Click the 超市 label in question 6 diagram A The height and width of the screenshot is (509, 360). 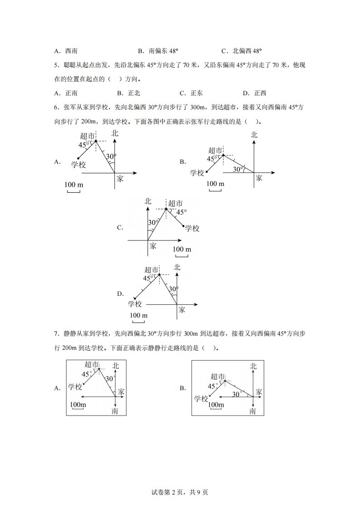87,136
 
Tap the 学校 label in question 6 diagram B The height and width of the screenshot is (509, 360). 197,173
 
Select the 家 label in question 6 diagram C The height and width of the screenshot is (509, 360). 153,246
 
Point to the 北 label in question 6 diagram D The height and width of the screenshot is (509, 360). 177,268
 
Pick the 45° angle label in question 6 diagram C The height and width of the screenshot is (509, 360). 181,212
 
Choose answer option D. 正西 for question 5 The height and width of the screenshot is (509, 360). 255,93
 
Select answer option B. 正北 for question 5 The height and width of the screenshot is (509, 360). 128,93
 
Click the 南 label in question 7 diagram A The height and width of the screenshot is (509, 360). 115,411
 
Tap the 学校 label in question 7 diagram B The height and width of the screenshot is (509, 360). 201,399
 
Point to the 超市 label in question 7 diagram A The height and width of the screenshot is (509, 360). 92,364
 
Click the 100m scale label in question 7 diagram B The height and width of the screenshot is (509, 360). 216,404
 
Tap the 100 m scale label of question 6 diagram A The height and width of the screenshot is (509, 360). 74,185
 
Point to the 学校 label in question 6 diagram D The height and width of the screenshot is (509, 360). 135,304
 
